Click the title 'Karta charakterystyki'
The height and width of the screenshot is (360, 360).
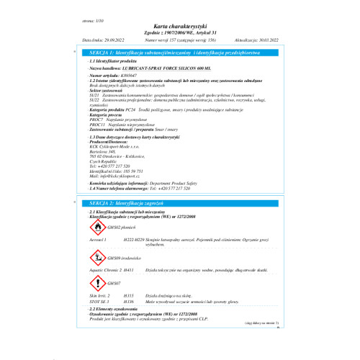(179, 24)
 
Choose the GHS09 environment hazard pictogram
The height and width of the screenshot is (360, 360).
(94, 256)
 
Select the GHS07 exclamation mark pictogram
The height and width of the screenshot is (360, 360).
(94, 284)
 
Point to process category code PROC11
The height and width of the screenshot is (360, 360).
(96, 123)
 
